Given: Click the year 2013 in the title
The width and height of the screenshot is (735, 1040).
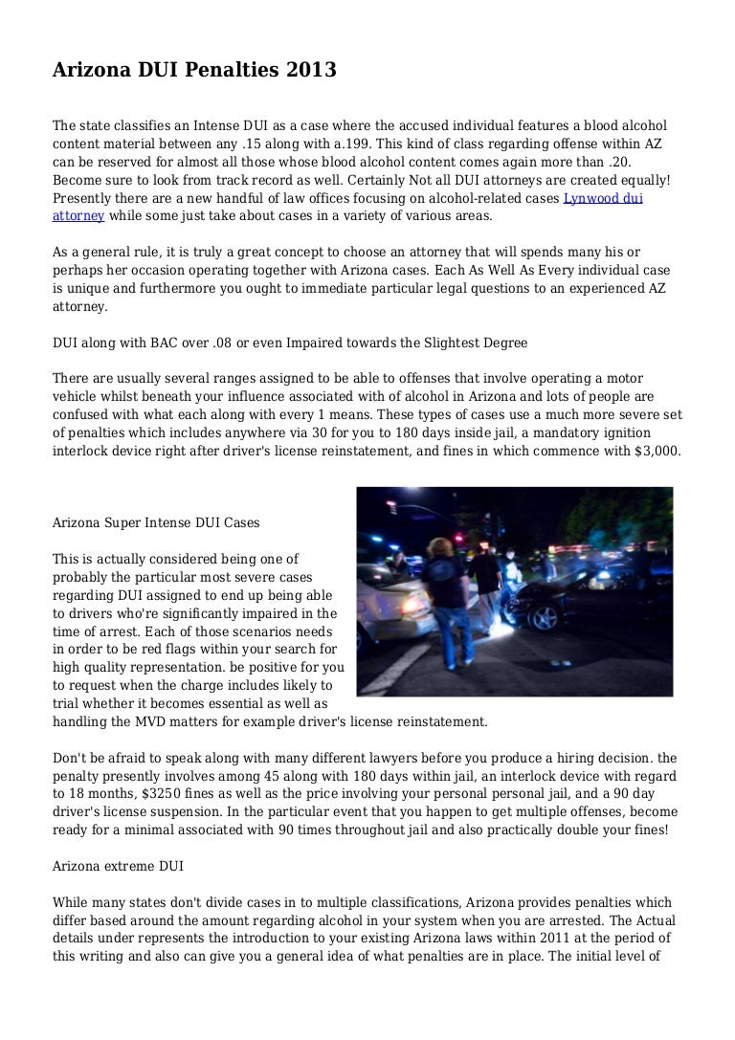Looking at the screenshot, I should [310, 70].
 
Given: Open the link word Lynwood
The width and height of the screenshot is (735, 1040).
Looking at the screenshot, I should [586, 199].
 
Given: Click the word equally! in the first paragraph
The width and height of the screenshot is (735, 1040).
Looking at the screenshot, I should [641, 181].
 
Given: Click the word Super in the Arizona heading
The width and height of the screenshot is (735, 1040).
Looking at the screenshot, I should [118, 523].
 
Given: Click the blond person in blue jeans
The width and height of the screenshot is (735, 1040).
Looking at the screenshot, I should [443, 593].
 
